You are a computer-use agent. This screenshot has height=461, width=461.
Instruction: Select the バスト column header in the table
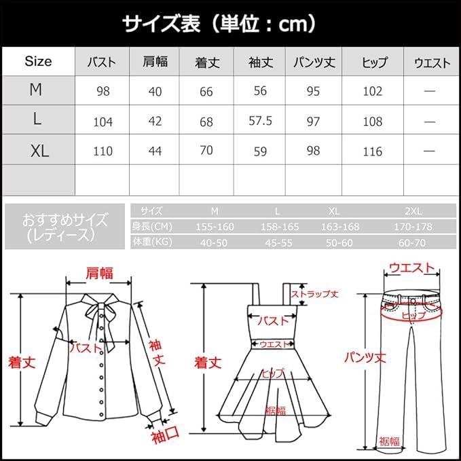click(x=102, y=62)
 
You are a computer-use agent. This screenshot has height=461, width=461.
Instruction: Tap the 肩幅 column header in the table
click(x=155, y=62)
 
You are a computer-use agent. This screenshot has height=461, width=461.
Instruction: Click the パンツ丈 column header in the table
click(x=313, y=62)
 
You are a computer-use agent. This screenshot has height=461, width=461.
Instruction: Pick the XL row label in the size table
click(x=40, y=151)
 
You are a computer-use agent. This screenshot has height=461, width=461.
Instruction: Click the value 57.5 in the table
click(x=260, y=121)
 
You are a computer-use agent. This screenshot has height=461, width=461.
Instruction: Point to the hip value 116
click(x=373, y=151)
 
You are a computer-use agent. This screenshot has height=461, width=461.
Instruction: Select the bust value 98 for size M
click(x=103, y=91)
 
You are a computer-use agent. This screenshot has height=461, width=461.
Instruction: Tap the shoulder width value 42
click(x=155, y=122)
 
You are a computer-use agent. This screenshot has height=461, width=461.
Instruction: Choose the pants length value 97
click(x=313, y=121)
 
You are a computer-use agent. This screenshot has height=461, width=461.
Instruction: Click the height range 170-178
click(x=413, y=226)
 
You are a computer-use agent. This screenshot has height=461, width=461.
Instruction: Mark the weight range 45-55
click(x=277, y=241)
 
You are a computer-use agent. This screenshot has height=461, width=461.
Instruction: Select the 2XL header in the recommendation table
click(x=413, y=211)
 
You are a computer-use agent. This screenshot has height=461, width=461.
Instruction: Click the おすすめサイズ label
click(x=65, y=220)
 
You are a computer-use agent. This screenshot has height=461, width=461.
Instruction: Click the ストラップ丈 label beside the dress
click(x=314, y=294)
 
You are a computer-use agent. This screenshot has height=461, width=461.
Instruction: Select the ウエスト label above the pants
click(x=411, y=269)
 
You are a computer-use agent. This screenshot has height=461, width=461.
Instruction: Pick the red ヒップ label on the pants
click(x=413, y=316)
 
